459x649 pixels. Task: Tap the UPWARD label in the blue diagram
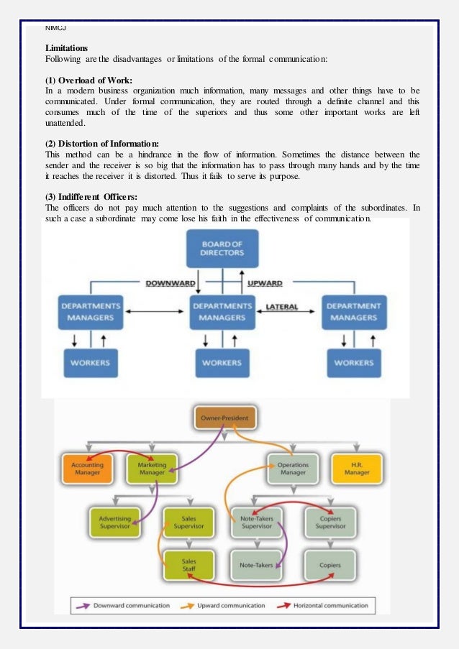click(x=265, y=283)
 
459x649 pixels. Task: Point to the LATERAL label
click(x=282, y=307)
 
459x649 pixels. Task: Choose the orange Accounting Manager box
click(x=87, y=469)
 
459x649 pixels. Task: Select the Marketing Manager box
click(x=152, y=469)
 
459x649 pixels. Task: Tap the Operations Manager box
click(x=293, y=469)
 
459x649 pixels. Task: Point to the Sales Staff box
click(x=188, y=565)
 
